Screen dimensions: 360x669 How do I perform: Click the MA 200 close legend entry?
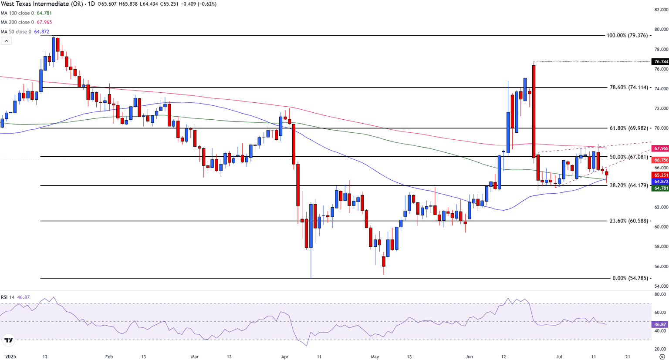pyautogui.click(x=21, y=22)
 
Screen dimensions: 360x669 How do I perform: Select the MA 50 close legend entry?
pyautogui.click(x=20, y=32)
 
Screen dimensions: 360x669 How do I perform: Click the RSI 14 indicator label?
pyautogui.click(x=8, y=297)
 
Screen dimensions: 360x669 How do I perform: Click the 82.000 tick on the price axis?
pyautogui.click(x=661, y=10)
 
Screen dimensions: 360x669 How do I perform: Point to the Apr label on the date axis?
pyautogui.click(x=284, y=357)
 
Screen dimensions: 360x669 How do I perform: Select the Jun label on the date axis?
pyautogui.click(x=469, y=357)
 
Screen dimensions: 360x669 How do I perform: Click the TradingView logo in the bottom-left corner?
pyautogui.click(x=8, y=340)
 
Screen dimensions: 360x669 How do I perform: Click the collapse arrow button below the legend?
pyautogui.click(x=7, y=41)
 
